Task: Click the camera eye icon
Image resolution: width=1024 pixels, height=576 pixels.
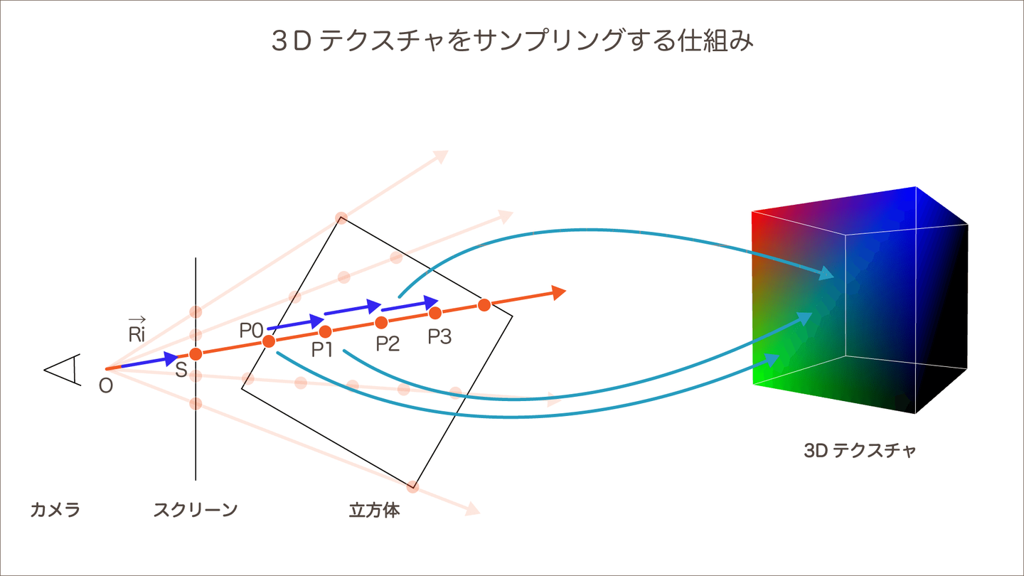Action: tap(64, 369)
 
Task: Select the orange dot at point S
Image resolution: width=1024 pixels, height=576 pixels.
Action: tap(196, 353)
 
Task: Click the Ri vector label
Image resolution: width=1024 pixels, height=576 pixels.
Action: tap(137, 332)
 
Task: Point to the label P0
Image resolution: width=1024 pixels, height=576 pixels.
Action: tap(251, 329)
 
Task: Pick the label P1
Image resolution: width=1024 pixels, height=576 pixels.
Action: tap(323, 348)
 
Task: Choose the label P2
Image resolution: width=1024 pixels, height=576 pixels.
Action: tap(388, 343)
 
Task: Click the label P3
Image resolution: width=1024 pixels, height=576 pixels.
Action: tap(439, 336)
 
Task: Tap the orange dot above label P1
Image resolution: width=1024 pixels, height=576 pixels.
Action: tap(326, 331)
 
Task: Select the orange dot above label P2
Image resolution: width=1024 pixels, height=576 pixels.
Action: tap(381, 322)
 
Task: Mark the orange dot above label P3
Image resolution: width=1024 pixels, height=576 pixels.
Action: tap(435, 313)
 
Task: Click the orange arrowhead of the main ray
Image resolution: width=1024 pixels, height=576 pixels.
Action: tap(558, 292)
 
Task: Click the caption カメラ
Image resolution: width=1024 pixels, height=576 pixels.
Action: tap(55, 510)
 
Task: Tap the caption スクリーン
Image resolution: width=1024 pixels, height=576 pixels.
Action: tap(195, 510)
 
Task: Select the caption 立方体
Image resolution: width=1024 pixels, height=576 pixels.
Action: tap(374, 510)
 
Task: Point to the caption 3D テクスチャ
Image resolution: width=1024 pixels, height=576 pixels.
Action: tap(860, 450)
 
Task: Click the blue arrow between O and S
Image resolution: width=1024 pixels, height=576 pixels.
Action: tap(149, 361)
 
